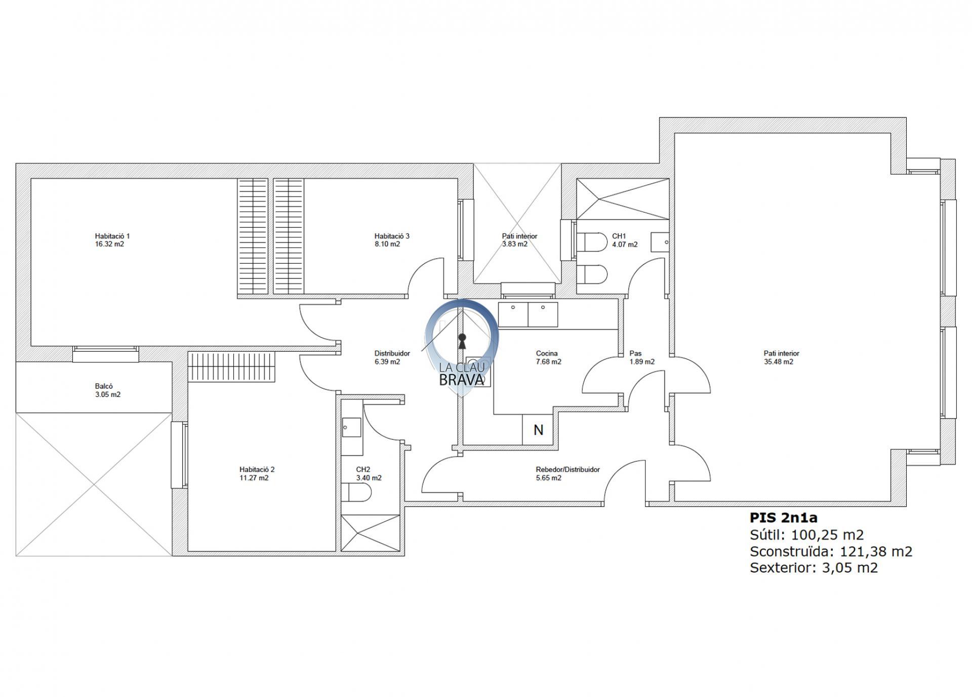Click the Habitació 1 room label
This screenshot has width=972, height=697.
(112, 236)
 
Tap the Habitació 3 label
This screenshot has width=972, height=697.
(392, 236)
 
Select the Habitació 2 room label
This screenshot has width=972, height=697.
(257, 469)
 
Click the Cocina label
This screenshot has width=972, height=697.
(547, 354)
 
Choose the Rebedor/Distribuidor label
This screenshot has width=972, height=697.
(568, 469)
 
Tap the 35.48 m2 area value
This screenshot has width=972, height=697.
(779, 362)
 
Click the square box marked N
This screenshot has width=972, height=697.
(538, 430)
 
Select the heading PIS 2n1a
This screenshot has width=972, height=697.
(784, 517)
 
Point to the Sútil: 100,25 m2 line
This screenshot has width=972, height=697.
(806, 535)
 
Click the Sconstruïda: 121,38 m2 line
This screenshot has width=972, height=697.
(831, 551)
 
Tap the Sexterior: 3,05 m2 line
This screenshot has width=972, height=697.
(814, 567)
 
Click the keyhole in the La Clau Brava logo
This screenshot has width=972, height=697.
(462, 341)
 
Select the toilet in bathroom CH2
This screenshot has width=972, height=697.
(357, 491)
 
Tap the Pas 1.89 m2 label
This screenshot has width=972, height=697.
(642, 358)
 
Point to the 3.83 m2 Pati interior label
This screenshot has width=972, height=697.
(519, 240)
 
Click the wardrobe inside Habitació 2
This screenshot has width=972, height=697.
(232, 367)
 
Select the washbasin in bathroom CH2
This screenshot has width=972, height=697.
(352, 427)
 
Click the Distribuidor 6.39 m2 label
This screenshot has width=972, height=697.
(392, 358)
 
